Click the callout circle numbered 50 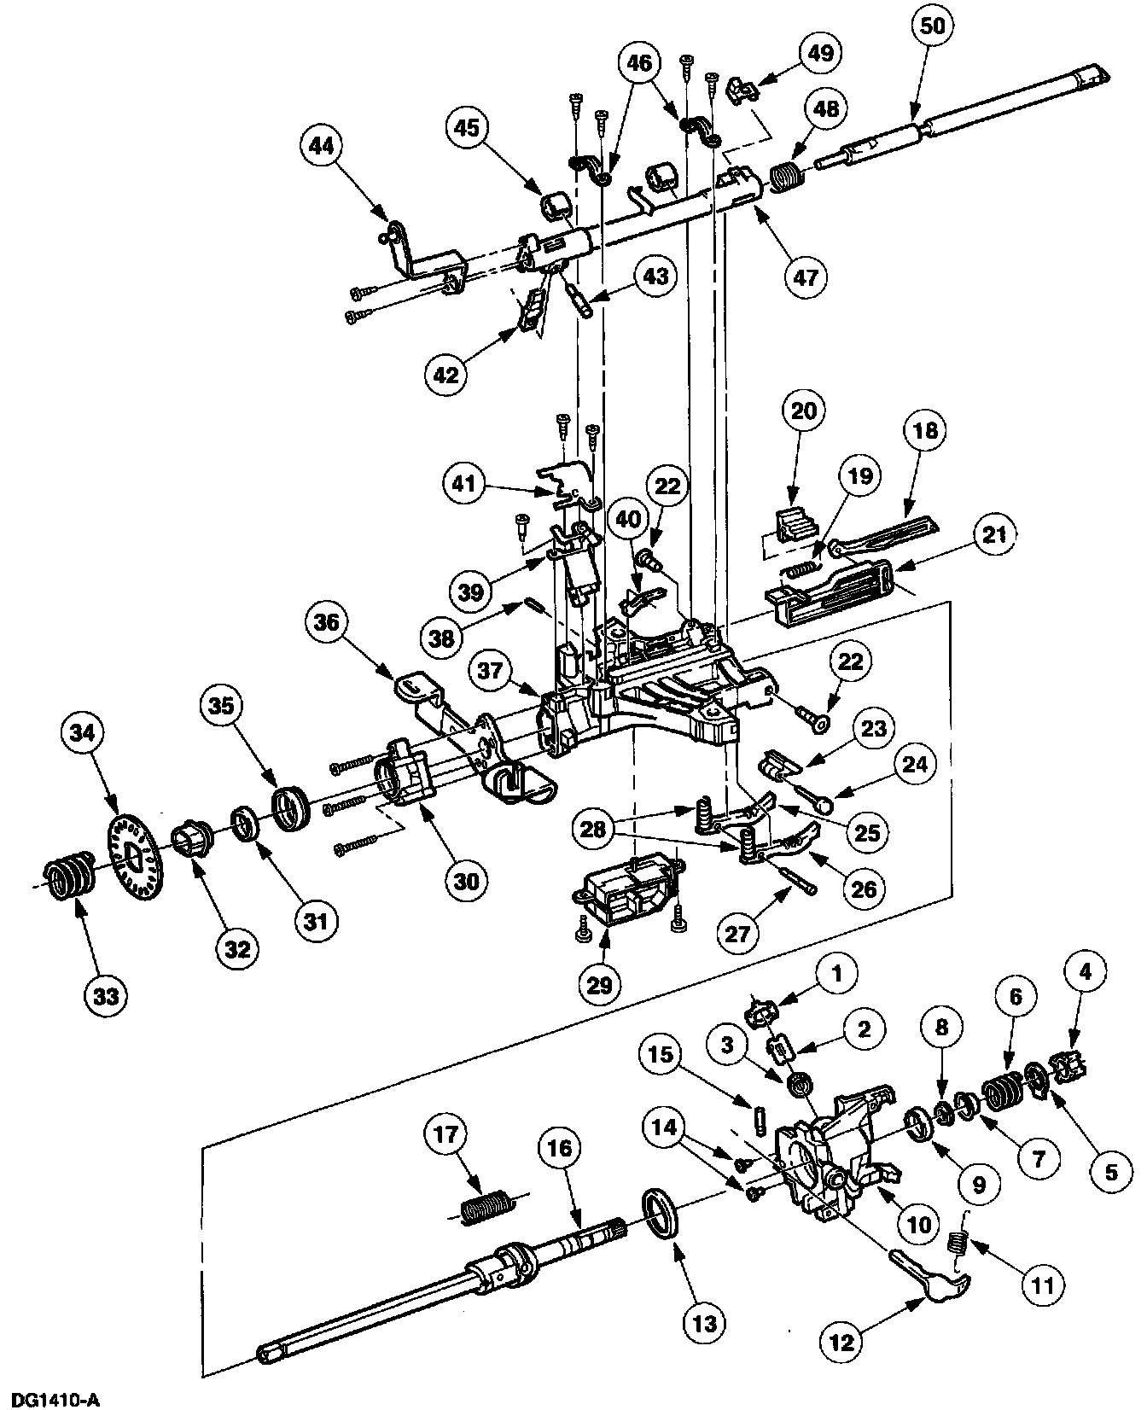[934, 26]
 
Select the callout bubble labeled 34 [84, 732]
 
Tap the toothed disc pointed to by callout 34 [137, 857]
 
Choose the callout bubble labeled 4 [1085, 970]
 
